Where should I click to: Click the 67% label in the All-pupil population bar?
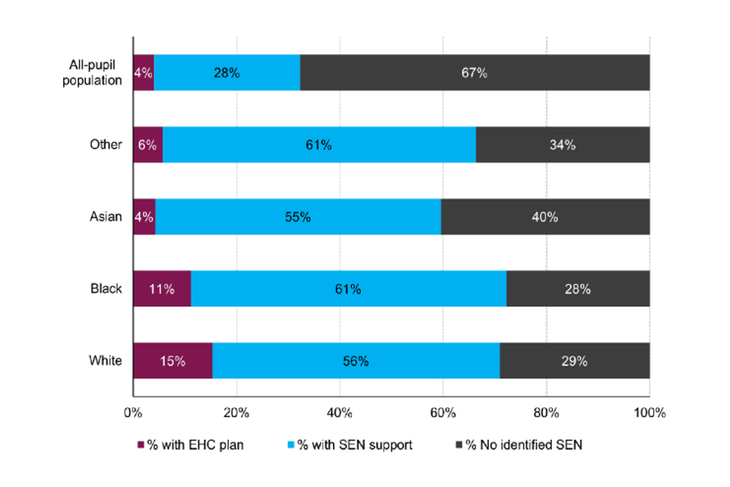click(475, 73)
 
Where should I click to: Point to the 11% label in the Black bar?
click(162, 289)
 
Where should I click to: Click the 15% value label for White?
click(173, 361)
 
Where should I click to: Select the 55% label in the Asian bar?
click(298, 217)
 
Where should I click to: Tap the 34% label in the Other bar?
click(563, 145)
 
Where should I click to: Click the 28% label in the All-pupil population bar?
click(227, 73)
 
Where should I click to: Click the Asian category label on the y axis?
click(106, 217)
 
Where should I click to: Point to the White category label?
click(106, 361)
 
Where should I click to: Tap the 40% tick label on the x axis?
click(339, 413)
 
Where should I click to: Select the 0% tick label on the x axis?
click(133, 413)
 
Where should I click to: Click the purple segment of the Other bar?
click(148, 145)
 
